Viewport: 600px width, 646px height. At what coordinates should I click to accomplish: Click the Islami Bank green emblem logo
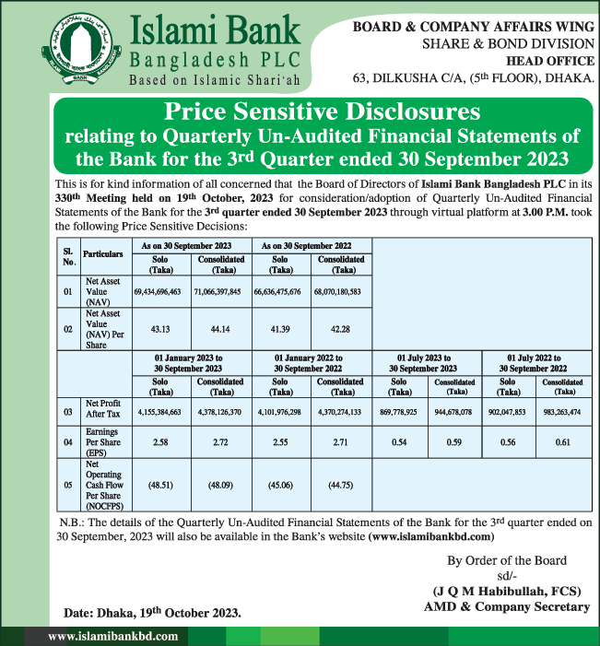77,52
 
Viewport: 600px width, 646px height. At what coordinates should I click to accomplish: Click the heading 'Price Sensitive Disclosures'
322,112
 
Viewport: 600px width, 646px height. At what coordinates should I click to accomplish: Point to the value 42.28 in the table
343,329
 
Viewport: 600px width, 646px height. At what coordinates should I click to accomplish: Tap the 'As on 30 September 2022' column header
312,247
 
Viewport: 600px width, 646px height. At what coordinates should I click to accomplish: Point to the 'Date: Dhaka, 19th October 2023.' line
153,613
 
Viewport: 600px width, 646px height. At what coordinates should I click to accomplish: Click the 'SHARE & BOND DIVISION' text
508,44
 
